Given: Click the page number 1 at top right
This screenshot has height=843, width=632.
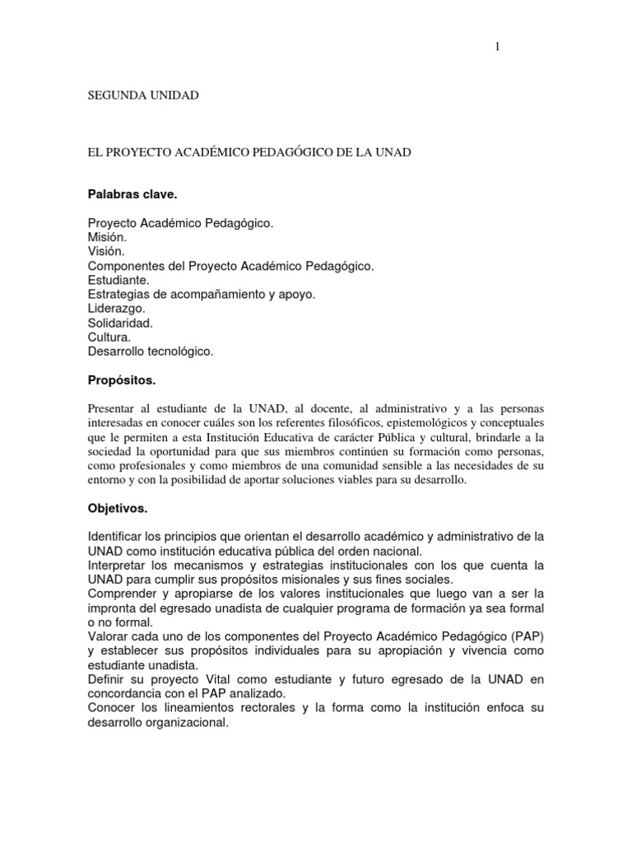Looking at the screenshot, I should point(497,47).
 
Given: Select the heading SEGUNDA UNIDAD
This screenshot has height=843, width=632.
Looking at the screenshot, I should point(143,95).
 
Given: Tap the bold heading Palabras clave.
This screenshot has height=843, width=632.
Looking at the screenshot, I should point(132,195).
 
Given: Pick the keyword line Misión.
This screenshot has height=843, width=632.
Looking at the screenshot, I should point(107,237).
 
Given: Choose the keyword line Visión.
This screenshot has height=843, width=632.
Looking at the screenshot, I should point(106,251).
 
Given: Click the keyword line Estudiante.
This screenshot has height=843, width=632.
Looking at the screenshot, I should point(118,280).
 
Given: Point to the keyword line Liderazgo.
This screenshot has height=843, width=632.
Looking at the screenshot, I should point(116,308).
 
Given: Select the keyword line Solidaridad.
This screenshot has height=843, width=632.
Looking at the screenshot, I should point(120,323).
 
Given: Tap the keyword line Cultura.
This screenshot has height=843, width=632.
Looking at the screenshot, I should point(109,337).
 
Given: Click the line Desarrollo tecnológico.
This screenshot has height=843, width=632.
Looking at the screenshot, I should point(151,352).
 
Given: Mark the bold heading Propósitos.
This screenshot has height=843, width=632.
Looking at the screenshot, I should point(121,380).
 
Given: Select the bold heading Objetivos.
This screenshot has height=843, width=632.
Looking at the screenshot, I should point(118,508).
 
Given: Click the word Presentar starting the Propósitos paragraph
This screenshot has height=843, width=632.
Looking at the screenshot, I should point(110,409).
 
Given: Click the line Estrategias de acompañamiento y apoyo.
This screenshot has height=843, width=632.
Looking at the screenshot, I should point(201,294).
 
